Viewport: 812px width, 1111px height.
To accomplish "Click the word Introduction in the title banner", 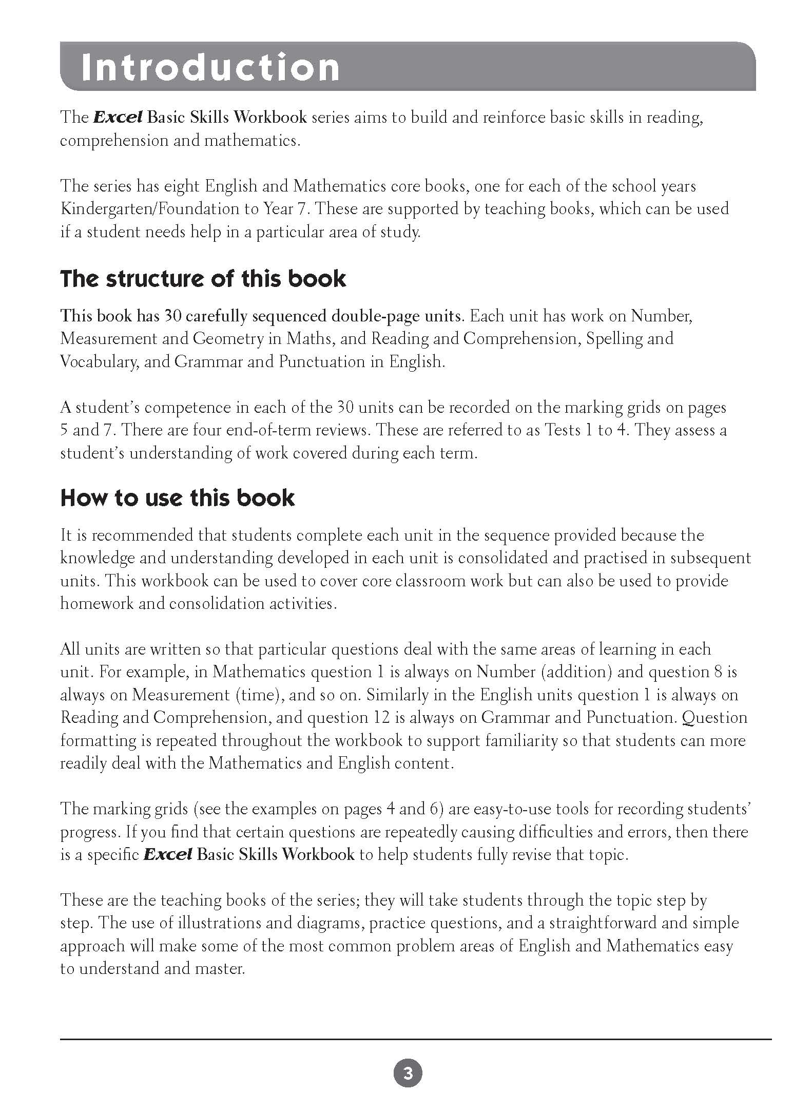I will tap(210, 67).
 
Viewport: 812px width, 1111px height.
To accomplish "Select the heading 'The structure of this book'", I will tap(203, 279).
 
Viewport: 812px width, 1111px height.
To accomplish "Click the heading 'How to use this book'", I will tap(178, 498).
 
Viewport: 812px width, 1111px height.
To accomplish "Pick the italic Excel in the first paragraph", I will tap(118, 118).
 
